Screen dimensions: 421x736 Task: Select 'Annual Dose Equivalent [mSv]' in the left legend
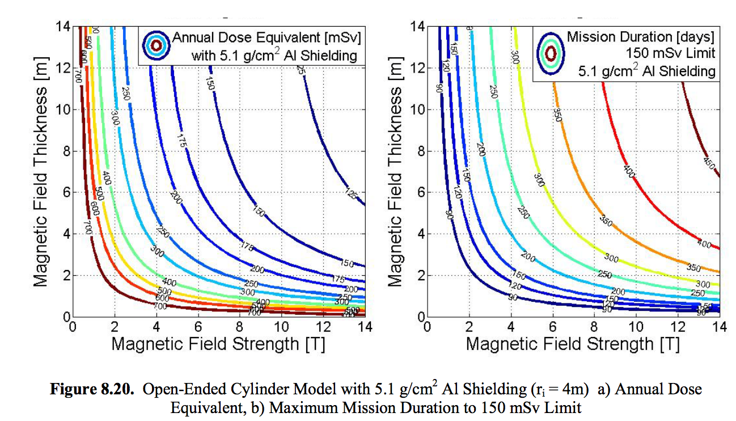tap(267, 38)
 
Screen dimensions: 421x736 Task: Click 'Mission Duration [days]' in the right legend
tap(640, 37)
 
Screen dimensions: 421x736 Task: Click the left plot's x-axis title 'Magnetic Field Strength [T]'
tap(218, 343)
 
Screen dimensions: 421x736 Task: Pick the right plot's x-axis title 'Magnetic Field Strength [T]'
tap(573, 343)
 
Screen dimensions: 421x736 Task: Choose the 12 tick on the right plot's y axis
tap(418, 68)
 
